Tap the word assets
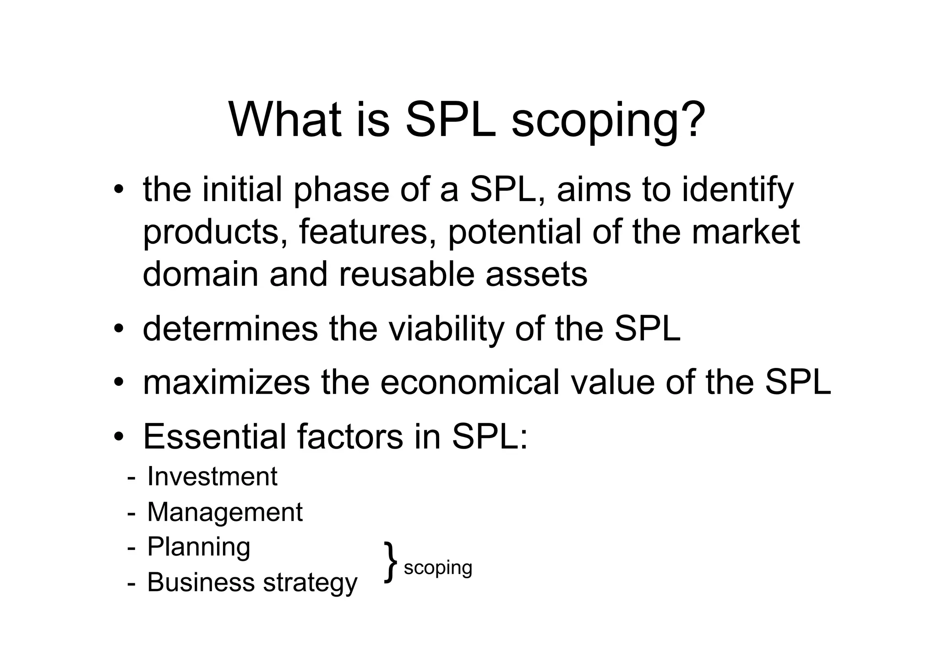coord(536,274)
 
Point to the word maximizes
coord(226,383)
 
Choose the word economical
coord(470,383)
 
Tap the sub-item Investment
coord(212,477)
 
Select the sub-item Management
coord(224,512)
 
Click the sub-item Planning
coord(198,548)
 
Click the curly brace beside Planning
coord(391,562)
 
